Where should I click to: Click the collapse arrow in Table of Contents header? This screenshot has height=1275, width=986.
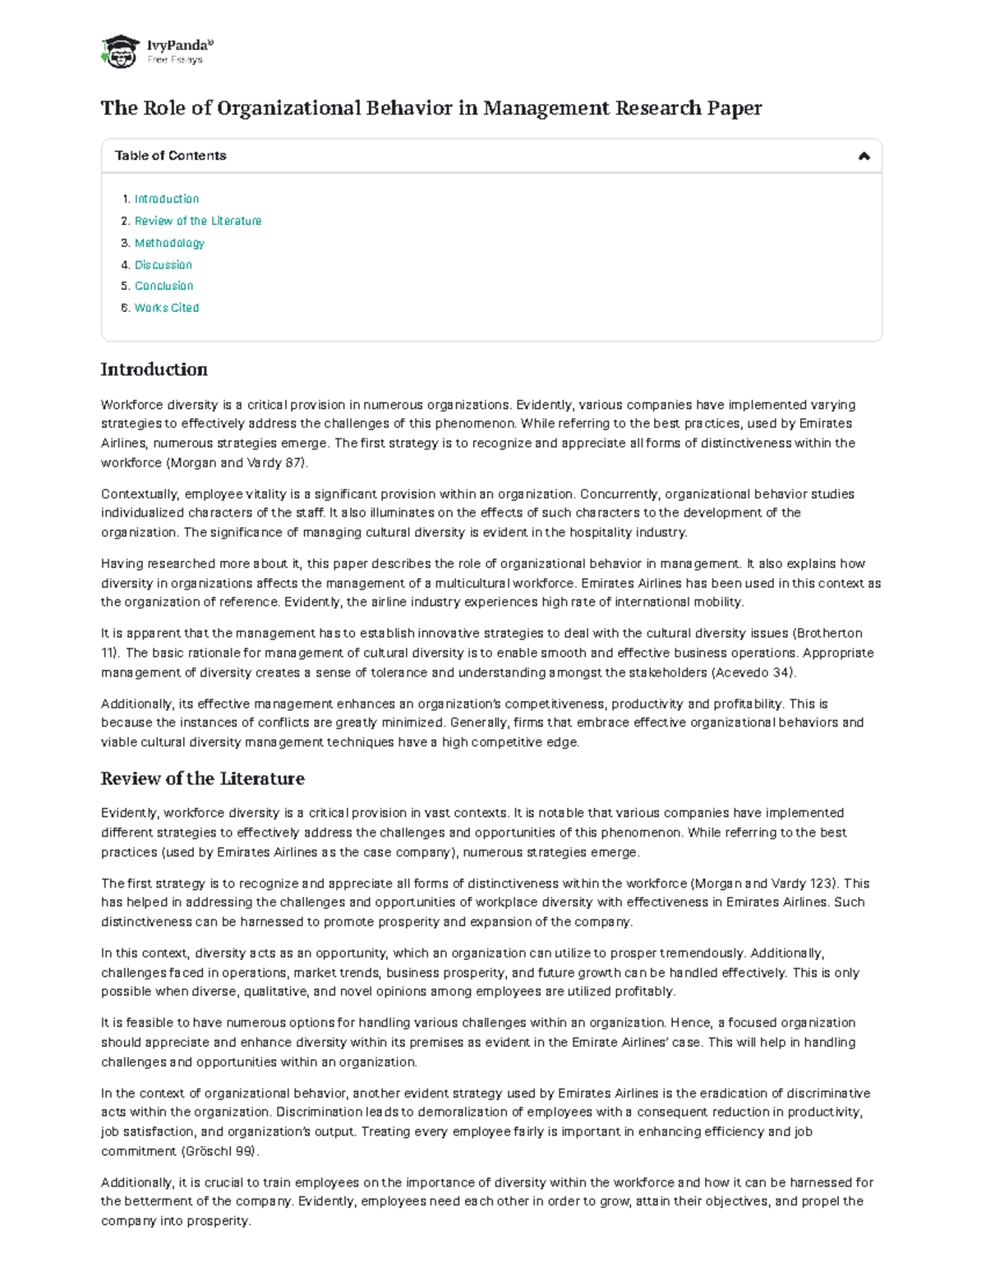click(864, 156)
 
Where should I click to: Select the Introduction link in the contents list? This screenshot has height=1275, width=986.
click(167, 199)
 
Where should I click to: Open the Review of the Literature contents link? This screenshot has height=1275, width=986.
click(198, 221)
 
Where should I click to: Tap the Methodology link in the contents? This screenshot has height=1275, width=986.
click(169, 243)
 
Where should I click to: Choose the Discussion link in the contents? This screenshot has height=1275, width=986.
click(164, 264)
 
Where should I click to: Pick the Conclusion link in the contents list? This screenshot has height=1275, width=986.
click(164, 286)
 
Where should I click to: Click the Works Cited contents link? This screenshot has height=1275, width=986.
click(167, 308)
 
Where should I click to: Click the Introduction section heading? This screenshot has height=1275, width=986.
click(154, 369)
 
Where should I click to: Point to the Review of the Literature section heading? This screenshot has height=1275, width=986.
click(202, 778)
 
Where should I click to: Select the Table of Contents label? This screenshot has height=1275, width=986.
click(170, 155)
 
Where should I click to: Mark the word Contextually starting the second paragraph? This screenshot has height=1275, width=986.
click(139, 494)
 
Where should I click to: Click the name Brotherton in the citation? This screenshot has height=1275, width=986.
click(829, 633)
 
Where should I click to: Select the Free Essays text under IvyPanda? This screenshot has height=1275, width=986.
click(175, 60)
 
